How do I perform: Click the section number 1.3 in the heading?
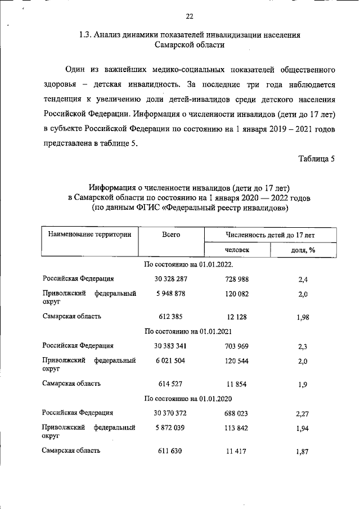[x=87, y=35]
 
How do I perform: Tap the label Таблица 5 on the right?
[x=317, y=158]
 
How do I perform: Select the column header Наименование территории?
[x=89, y=234]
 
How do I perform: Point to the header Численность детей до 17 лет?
[x=270, y=234]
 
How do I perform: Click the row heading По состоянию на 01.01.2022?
[x=188, y=264]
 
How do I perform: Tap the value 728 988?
[x=236, y=279]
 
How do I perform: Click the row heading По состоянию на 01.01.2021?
[x=188, y=331]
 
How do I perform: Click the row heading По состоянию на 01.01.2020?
[x=188, y=398]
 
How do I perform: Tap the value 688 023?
[x=236, y=413]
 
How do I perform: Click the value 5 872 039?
[x=170, y=428]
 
